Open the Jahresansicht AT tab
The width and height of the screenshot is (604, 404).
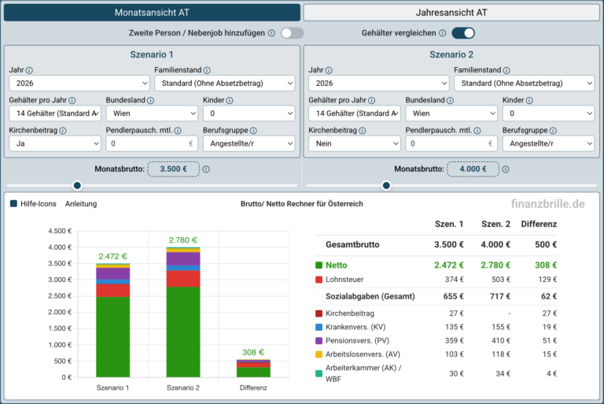(451, 13)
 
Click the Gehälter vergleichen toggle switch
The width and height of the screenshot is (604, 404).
(463, 33)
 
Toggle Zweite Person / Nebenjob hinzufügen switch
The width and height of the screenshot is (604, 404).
(292, 33)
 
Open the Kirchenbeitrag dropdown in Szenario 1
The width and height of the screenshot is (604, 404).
(55, 143)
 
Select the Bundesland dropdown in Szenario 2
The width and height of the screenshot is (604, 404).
(451, 113)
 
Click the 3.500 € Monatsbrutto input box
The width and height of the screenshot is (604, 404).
(173, 169)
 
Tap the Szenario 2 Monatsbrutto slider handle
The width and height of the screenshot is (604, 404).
(386, 186)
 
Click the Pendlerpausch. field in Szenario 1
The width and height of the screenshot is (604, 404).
(152, 143)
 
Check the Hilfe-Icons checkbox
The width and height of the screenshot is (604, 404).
(13, 203)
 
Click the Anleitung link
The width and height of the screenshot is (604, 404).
(81, 204)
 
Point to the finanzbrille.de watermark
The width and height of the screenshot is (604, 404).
(547, 204)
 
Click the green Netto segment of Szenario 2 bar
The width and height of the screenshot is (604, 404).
(183, 332)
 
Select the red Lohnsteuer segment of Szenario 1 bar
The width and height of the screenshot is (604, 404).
(113, 291)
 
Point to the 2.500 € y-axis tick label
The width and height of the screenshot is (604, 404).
(60, 296)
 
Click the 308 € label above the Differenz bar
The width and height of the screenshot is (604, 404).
(253, 352)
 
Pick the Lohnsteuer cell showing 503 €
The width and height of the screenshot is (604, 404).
(501, 280)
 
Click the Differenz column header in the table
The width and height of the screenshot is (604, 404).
(539, 224)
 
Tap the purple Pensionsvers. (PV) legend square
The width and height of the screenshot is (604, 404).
(319, 341)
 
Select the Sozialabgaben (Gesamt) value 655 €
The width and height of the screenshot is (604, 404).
(453, 296)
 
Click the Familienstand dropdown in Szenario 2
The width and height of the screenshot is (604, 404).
(524, 83)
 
